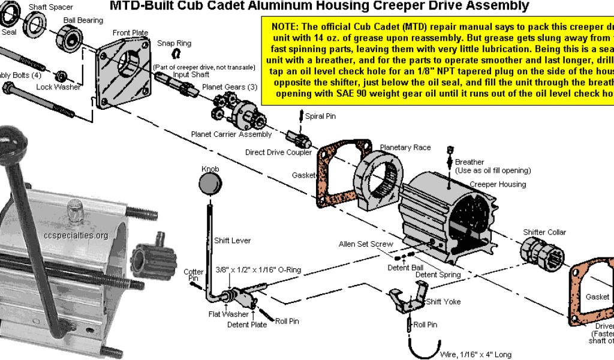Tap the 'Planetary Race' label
tap(405, 148)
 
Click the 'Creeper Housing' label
tap(498, 184)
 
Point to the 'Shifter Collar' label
tap(544, 232)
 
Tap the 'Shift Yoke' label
tap(443, 302)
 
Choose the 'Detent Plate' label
tap(246, 325)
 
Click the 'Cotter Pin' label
tap(194, 275)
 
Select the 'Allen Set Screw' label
tap(366, 244)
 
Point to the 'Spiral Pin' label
tap(320, 116)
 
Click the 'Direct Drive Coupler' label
tap(278, 152)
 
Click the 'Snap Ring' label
tap(174, 44)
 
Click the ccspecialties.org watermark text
tap(76, 235)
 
